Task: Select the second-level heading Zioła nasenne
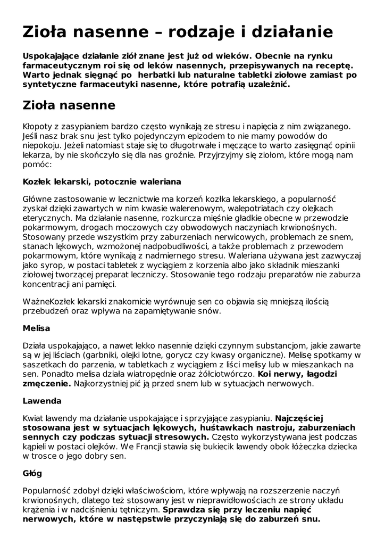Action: [69, 105]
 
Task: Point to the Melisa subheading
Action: [36, 328]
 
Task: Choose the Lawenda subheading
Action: [42, 400]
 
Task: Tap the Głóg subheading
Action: [32, 473]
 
